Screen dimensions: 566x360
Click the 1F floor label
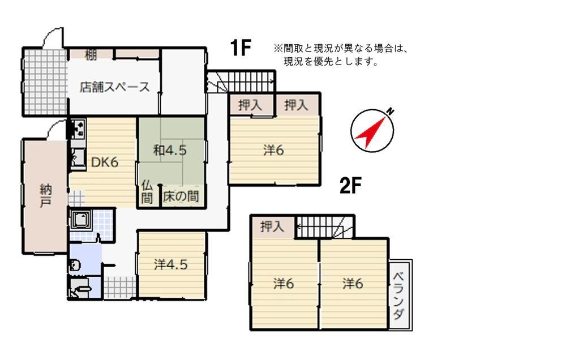(241, 48)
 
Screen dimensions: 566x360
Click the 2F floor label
(350, 186)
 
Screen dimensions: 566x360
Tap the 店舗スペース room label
(114, 87)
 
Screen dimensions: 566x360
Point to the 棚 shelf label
(91, 55)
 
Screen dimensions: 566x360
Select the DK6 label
(105, 162)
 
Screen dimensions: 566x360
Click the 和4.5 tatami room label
(170, 150)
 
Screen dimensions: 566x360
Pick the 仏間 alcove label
(147, 192)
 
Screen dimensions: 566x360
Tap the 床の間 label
(181, 196)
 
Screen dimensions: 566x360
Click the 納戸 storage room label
(46, 195)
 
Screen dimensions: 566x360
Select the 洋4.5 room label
(171, 265)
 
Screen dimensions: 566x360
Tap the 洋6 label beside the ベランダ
(352, 284)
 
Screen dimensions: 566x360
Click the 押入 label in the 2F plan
(272, 227)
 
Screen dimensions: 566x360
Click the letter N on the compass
(390, 112)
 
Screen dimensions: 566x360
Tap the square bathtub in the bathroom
(82, 220)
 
